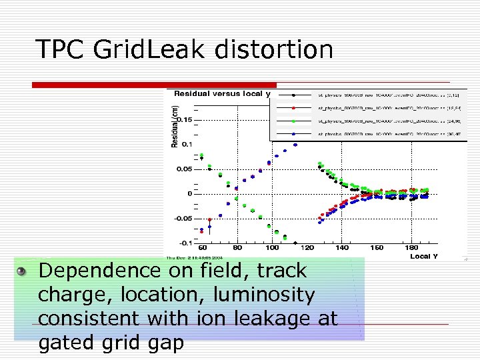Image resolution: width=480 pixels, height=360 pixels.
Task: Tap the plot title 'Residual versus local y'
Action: (222, 94)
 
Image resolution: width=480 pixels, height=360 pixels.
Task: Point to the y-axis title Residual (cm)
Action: (175, 128)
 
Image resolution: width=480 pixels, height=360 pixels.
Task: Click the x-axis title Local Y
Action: (424, 256)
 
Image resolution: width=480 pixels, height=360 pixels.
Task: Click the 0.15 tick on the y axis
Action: (183, 120)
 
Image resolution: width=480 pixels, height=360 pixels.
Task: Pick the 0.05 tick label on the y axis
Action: (183, 169)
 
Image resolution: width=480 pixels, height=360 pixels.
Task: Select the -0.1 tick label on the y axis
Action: (184, 243)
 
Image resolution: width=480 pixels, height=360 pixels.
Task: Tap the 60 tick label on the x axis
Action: (203, 248)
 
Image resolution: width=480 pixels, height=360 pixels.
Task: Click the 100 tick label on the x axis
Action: (272, 248)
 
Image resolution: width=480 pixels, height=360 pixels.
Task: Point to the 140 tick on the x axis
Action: (342, 248)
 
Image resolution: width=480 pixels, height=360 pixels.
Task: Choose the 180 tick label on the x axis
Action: (411, 248)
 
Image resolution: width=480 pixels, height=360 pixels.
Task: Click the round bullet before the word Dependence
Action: (22, 271)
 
